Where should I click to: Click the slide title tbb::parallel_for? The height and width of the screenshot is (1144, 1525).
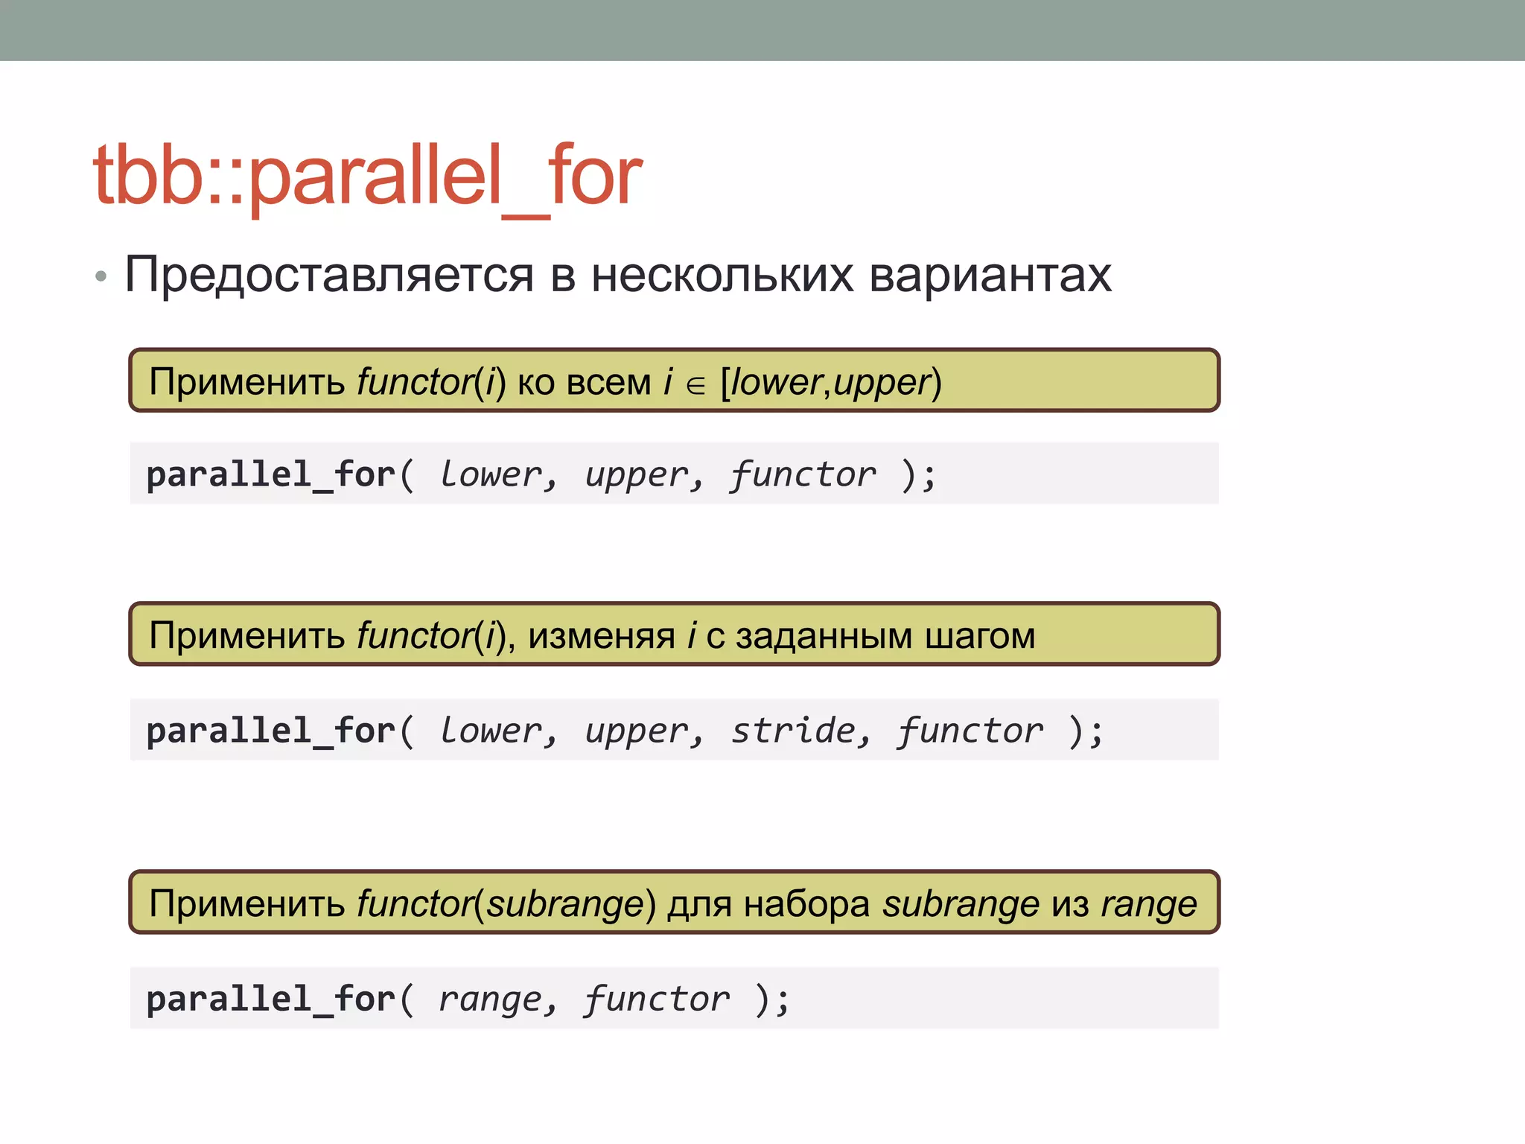tap(367, 176)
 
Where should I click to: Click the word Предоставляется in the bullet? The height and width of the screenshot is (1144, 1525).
tap(328, 276)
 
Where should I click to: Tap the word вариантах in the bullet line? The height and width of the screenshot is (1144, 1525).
tap(990, 276)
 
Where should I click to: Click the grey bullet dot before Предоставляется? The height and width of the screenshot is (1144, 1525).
tap(101, 277)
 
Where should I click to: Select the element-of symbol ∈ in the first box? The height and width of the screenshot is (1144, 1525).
tap(695, 385)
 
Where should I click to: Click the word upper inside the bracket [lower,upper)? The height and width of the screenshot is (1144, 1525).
tap(882, 383)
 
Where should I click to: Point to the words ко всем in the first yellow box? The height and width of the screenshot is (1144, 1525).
tap(584, 383)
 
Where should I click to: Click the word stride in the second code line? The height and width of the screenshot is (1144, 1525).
tap(793, 731)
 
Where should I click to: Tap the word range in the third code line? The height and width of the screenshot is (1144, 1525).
tap(490, 1000)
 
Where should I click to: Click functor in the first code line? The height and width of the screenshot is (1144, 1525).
tap(802, 475)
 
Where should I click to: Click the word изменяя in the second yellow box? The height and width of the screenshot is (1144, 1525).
tap(602, 637)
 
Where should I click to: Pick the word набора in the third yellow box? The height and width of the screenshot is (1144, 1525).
tap(806, 905)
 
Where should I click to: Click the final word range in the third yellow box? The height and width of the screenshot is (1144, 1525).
tap(1149, 905)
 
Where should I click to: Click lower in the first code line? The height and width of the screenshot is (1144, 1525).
tap(490, 475)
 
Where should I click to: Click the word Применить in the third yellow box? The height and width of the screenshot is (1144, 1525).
tap(246, 905)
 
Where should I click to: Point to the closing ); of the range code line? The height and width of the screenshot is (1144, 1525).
tap(771, 1000)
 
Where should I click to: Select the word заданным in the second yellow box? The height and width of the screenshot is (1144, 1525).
tap(824, 637)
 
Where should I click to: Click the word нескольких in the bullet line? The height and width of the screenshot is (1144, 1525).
tap(722, 276)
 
